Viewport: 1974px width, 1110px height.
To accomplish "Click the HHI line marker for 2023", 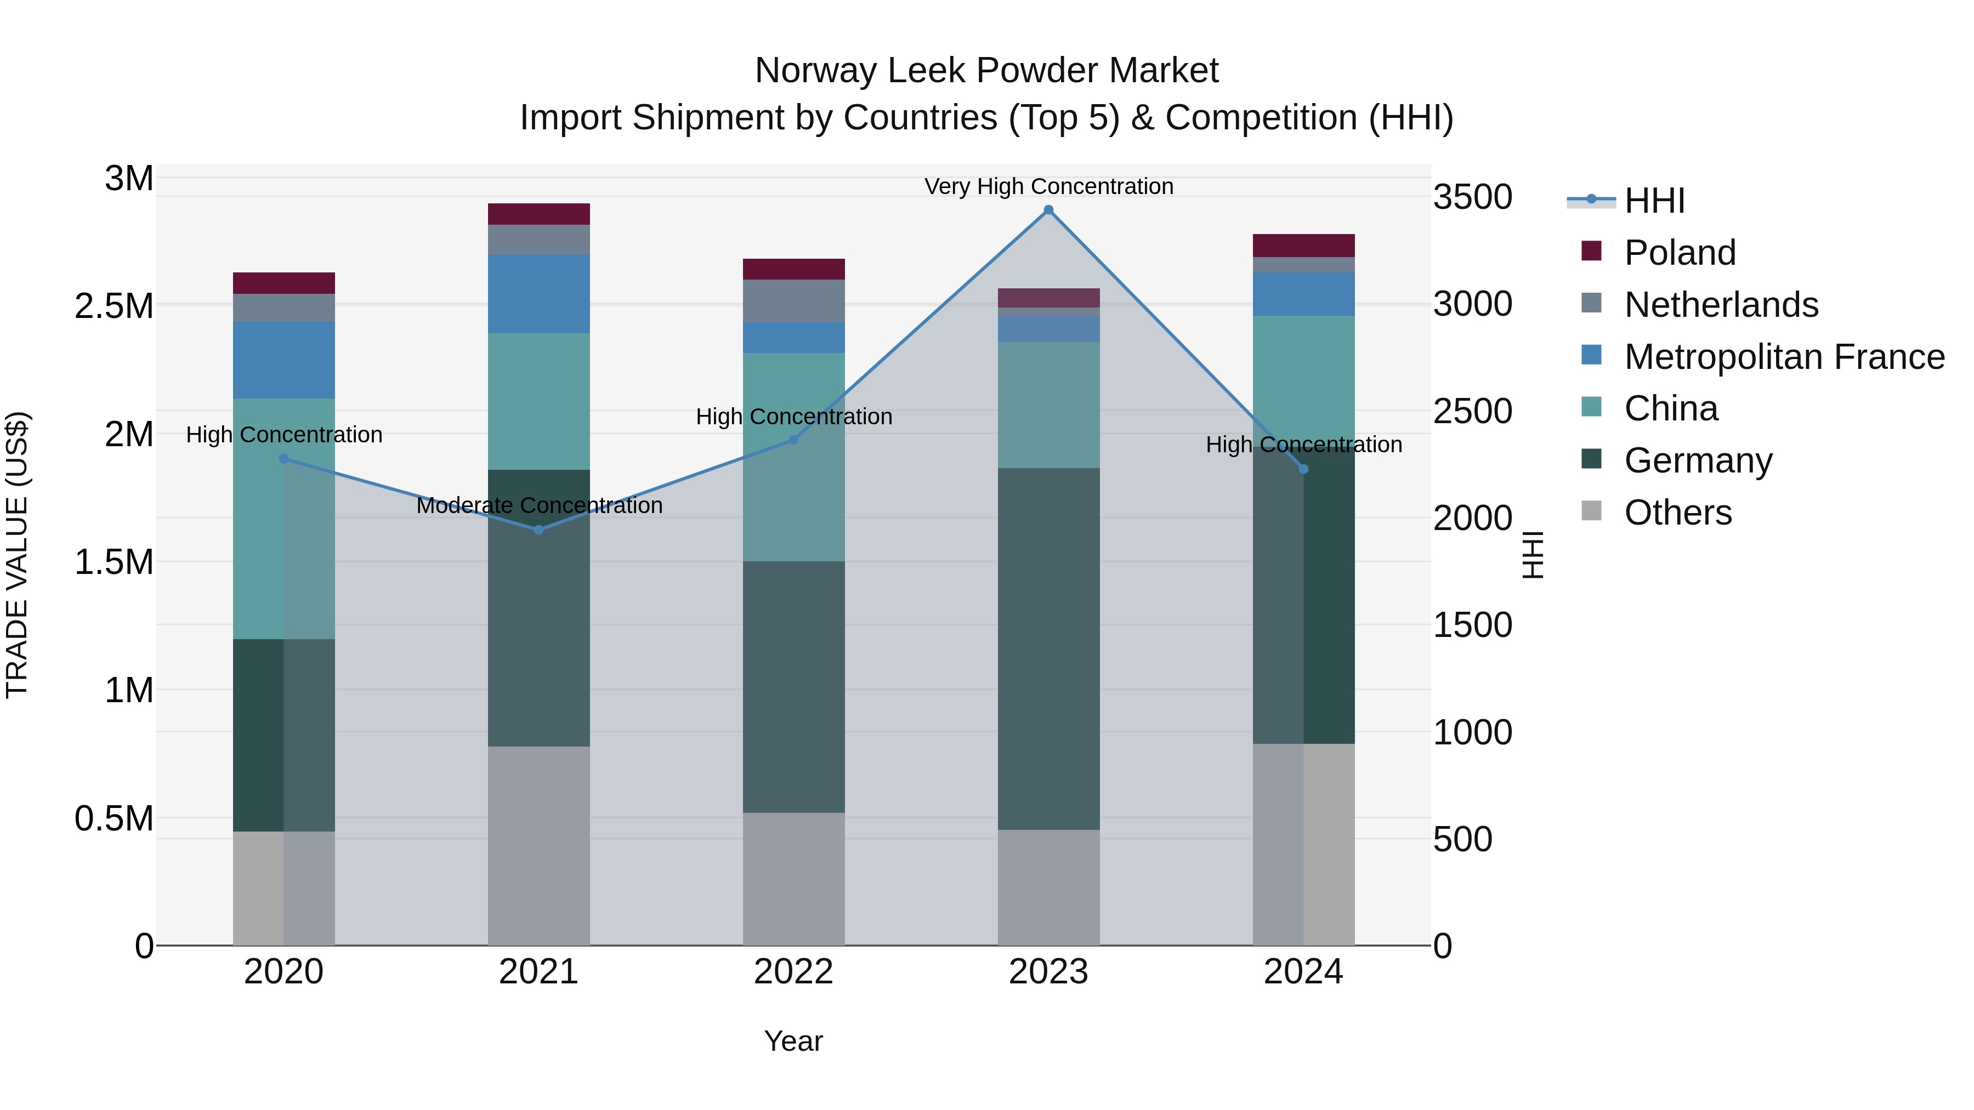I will (x=1048, y=210).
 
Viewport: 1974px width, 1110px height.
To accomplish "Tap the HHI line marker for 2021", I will (x=538, y=530).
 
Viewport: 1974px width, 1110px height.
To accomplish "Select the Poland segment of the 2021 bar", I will (x=538, y=214).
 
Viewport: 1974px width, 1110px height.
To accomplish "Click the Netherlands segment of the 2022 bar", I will (x=793, y=300).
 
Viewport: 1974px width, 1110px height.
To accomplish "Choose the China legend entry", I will (x=1671, y=408).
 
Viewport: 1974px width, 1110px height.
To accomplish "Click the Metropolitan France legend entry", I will (x=1784, y=356).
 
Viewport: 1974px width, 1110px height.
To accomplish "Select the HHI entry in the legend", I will (x=1654, y=201).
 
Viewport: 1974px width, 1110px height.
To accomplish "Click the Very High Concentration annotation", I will (x=1048, y=186).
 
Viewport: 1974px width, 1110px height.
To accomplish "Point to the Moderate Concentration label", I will (x=538, y=505).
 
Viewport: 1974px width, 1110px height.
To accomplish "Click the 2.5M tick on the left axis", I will (x=114, y=306).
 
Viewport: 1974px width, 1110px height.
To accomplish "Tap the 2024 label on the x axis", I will (x=1303, y=972).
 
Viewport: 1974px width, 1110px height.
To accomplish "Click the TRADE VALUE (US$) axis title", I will (x=17, y=555).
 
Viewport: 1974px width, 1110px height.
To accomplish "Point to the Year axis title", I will (x=793, y=1041).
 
